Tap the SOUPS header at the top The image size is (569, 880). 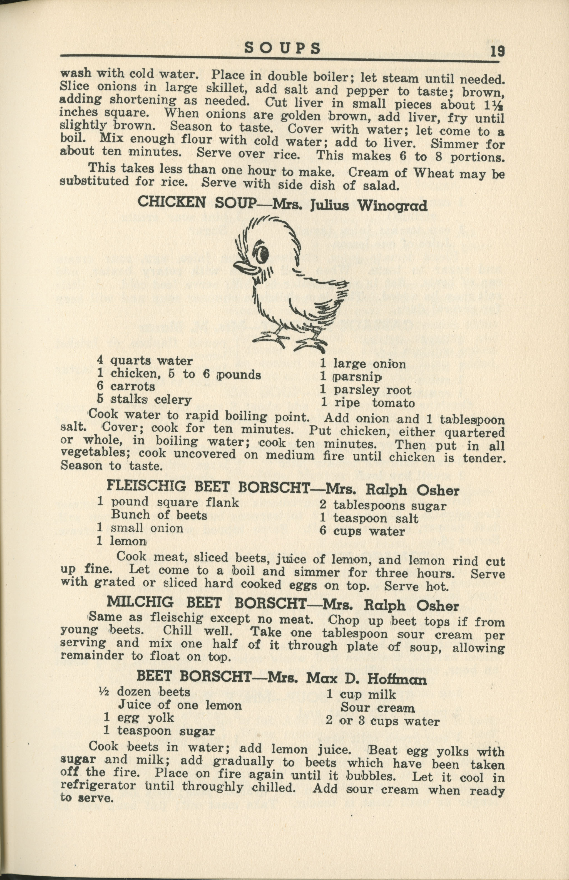tap(283, 48)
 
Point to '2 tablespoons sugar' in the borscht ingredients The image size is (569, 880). tap(383, 506)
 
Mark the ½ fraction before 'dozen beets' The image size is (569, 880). tap(103, 691)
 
